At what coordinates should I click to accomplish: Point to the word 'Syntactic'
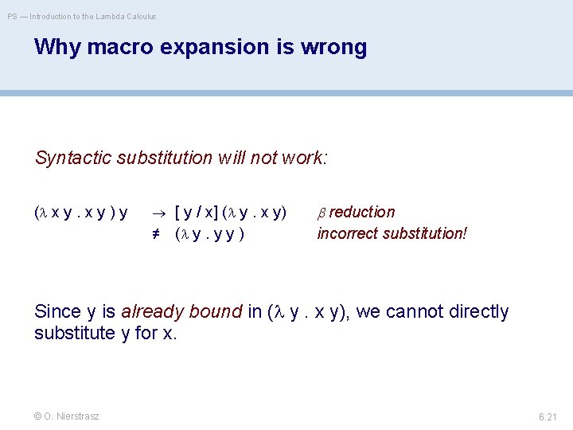tap(73, 158)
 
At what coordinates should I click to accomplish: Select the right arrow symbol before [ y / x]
tap(158, 213)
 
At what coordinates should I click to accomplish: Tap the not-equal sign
tap(158, 233)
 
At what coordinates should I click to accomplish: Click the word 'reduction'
tap(362, 213)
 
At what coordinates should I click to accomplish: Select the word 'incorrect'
tap(346, 233)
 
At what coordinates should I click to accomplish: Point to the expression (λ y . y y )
tap(209, 233)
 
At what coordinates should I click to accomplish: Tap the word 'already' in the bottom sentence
tap(151, 311)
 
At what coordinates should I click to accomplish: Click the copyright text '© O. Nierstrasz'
tap(67, 416)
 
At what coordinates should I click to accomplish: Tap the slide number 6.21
tap(548, 416)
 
